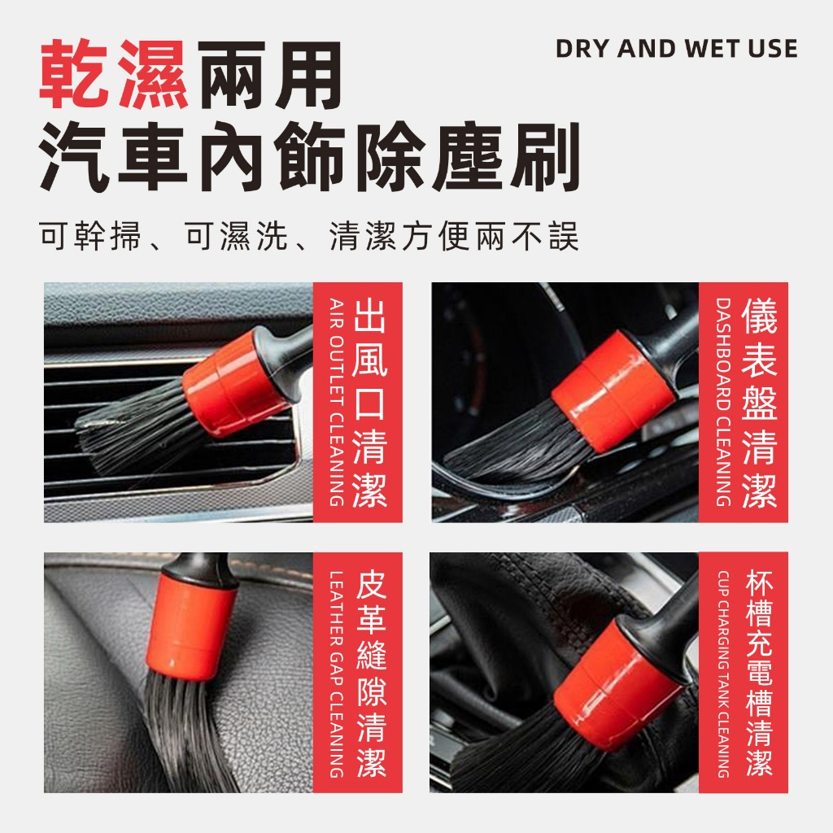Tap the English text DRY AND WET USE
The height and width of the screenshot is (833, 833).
tap(676, 49)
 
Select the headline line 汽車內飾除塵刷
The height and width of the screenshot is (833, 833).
tap(309, 157)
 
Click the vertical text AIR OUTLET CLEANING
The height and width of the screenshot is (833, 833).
tap(336, 402)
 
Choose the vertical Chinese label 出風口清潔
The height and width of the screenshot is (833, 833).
tap(370, 402)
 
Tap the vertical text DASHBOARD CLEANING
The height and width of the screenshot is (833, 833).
tap(723, 402)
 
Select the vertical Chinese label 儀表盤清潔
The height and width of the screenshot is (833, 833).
tap(759, 402)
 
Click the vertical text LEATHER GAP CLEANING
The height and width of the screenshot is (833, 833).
tap(336, 674)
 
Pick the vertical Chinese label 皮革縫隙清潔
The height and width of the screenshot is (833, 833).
tap(371, 674)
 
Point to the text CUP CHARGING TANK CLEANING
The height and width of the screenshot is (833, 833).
tap(723, 674)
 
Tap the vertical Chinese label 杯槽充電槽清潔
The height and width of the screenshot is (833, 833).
tap(759, 673)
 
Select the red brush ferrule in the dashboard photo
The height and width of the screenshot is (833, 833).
tap(613, 391)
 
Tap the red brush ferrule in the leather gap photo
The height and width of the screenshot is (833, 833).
tap(191, 627)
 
